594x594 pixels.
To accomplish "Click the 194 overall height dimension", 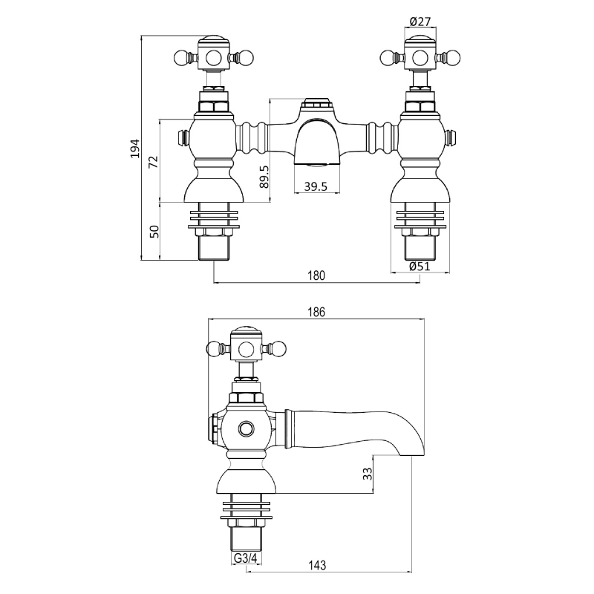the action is (135, 148).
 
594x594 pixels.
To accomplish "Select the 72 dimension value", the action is (153, 162).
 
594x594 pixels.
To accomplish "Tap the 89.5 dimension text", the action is (264, 176).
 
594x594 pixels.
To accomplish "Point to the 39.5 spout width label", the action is (316, 186).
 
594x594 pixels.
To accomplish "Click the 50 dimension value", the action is (154, 231).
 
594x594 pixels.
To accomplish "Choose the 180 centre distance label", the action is (316, 275).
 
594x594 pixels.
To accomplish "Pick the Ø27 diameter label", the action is (420, 22).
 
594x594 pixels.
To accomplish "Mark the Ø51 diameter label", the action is (420, 267).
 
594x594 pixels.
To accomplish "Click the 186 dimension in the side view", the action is (316, 312).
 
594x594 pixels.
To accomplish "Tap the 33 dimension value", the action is (368, 474).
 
